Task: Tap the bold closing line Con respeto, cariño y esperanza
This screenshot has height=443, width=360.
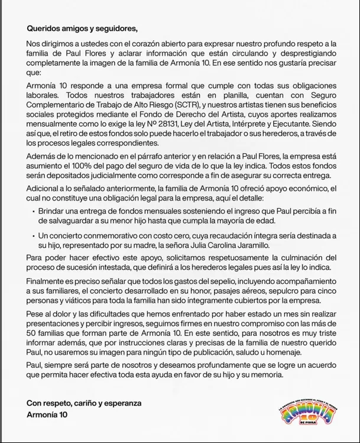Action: pyautogui.click(x=84, y=403)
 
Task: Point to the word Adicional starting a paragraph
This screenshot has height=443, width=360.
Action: pyautogui.click(x=44, y=188)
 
